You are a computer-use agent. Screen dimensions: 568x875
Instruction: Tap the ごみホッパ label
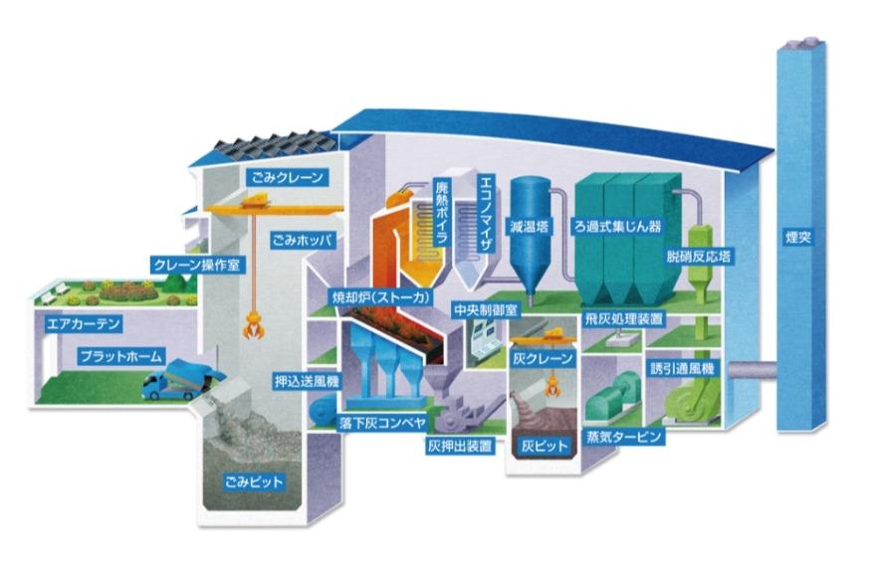tap(302, 240)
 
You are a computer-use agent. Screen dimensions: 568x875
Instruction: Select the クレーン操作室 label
tap(197, 266)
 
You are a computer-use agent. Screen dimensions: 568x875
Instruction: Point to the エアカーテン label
tap(84, 323)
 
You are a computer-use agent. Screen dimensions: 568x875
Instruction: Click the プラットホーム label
tap(118, 354)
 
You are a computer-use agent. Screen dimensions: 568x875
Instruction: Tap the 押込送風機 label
tap(307, 380)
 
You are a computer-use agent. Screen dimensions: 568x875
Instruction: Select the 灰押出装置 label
tap(459, 447)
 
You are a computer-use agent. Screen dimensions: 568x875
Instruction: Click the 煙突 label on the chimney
tap(797, 238)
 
